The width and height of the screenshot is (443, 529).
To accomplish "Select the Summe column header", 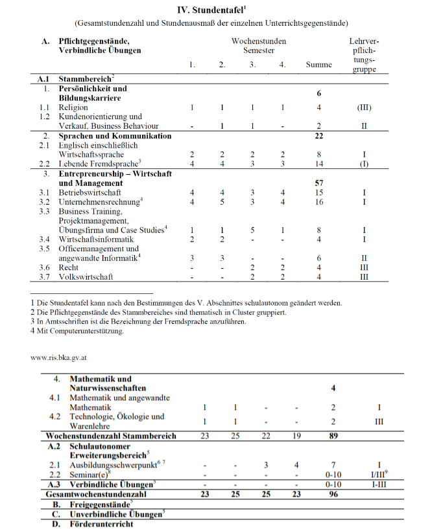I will [319, 65].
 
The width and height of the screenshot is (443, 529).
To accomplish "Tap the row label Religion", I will [73, 107].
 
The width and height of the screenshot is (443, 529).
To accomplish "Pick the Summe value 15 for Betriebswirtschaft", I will [319, 193].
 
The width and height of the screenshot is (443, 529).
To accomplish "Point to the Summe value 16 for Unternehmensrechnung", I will [319, 203].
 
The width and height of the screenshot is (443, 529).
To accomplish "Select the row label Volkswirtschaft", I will [86, 277].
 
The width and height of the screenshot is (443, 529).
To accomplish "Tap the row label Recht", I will [68, 267].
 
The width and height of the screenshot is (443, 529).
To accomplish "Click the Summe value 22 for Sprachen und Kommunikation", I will [319, 136].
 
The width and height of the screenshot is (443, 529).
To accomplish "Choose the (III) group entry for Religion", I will [364, 107].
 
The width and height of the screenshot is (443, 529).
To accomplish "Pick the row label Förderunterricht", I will [101, 523].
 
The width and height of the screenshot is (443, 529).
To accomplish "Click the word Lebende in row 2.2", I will [73, 164].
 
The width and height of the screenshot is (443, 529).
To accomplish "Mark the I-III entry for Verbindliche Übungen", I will [379, 484].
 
